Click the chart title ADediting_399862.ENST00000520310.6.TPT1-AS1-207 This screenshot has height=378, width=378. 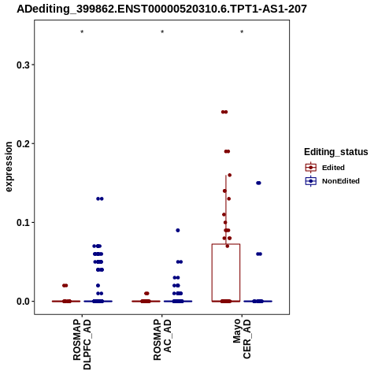click(x=161, y=9)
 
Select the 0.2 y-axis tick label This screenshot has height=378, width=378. click(x=23, y=143)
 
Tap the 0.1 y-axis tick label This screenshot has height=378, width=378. click(x=23, y=223)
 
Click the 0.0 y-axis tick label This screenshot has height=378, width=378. click(x=23, y=302)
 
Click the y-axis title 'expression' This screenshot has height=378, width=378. click(x=9, y=167)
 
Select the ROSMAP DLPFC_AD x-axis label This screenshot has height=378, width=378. click(x=82, y=344)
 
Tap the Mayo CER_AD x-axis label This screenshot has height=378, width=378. click(x=242, y=339)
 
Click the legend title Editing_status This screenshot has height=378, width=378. click(x=336, y=152)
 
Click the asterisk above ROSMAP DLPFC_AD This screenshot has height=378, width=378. click(x=82, y=32)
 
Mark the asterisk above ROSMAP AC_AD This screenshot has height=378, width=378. click(x=162, y=32)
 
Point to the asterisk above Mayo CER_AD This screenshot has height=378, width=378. click(x=242, y=32)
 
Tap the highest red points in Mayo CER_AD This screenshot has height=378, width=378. click(x=224, y=112)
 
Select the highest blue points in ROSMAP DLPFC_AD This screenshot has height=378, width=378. click(x=100, y=198)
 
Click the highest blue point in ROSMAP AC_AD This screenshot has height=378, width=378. click(x=178, y=231)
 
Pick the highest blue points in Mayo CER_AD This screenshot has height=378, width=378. click(x=258, y=183)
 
